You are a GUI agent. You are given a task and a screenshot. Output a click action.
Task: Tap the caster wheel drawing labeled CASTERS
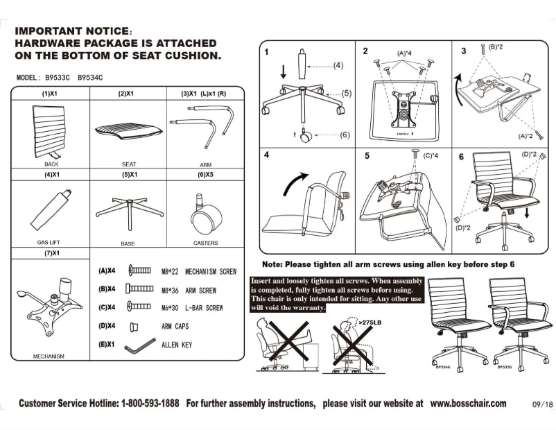point(205,217)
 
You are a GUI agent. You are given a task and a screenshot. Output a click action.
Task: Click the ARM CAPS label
point(177,326)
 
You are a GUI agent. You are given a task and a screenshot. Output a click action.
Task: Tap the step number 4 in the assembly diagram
point(266,155)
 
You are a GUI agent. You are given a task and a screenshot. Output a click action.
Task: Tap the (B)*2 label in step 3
point(496,47)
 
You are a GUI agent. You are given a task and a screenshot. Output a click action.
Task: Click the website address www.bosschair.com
point(468,404)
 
